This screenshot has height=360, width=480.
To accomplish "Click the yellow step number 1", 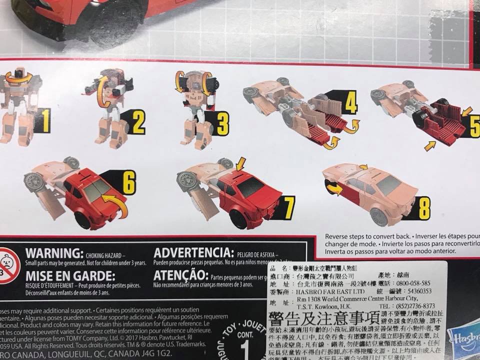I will [45, 120].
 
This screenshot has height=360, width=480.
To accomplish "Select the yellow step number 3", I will [222, 122].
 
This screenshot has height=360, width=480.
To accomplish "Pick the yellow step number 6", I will [129, 183].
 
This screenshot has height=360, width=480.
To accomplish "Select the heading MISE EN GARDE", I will [70, 276].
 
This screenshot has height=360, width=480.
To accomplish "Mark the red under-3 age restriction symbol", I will [7, 265].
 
